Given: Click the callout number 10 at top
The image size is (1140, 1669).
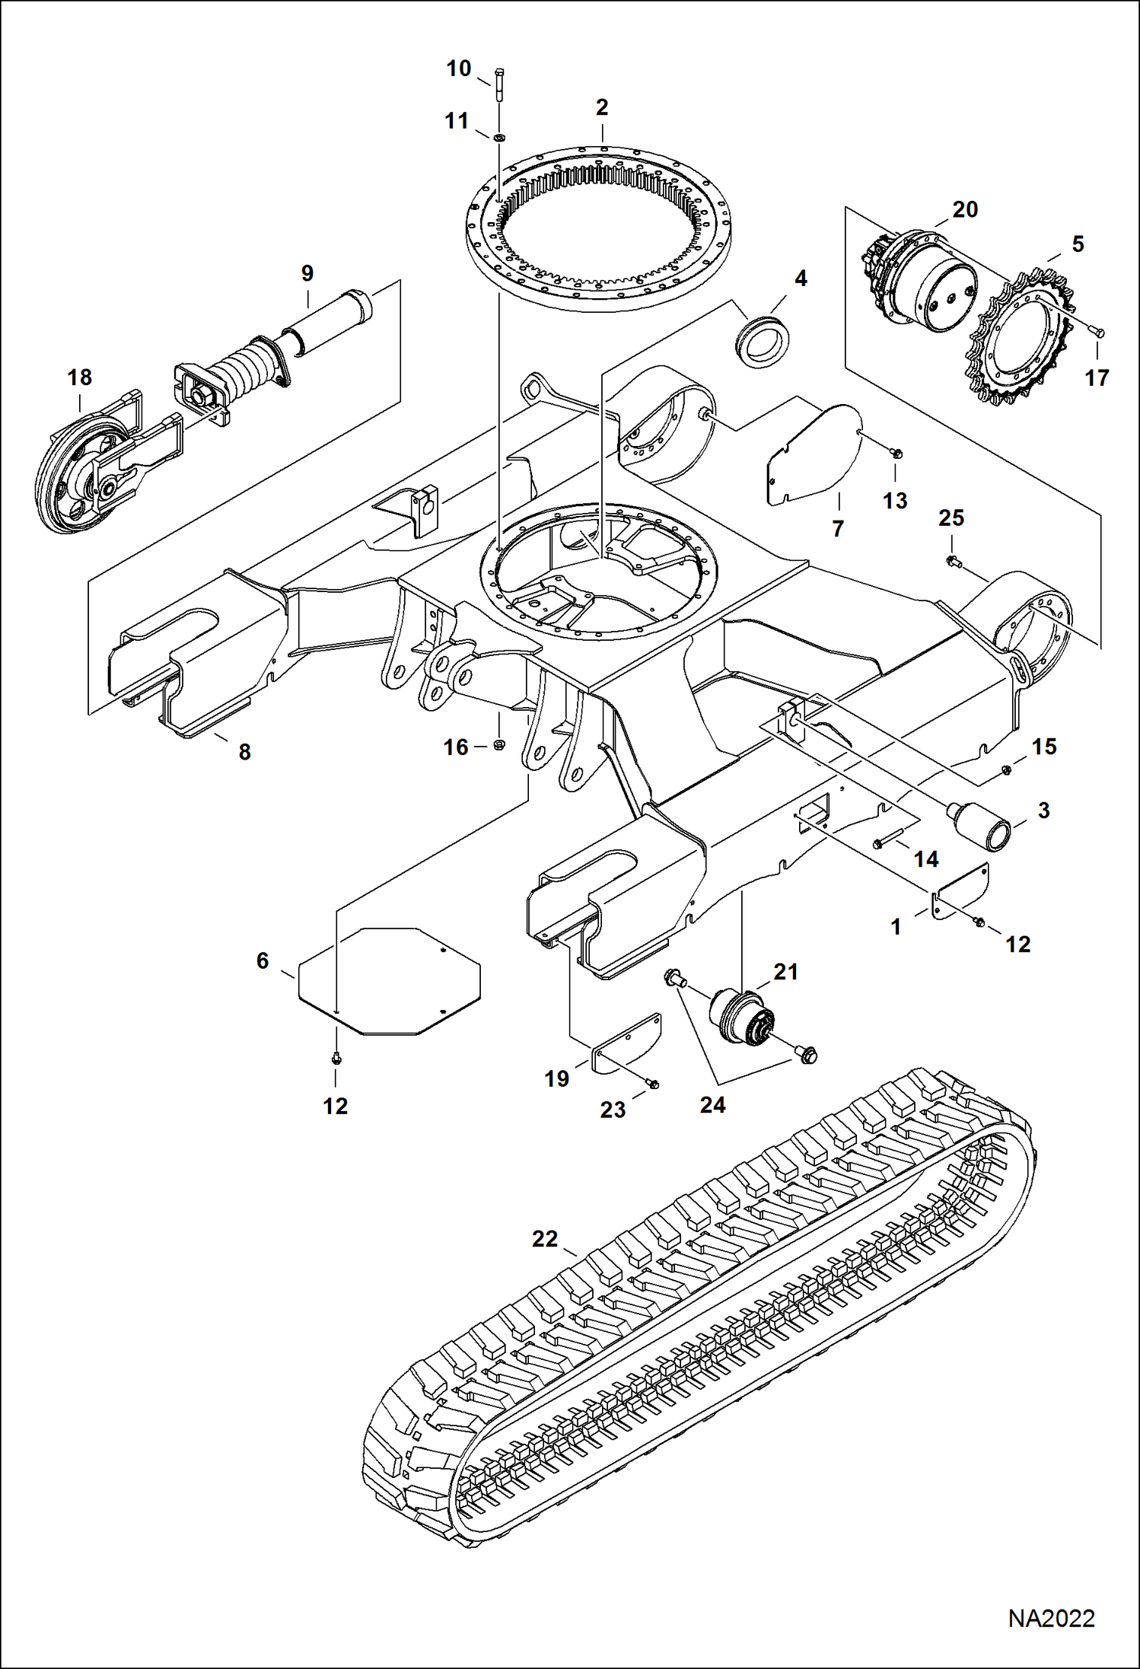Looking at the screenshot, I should coord(459,69).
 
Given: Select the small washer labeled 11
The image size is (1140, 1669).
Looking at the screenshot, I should coord(499,138).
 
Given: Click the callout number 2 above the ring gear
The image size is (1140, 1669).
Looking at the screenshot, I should coord(602,108).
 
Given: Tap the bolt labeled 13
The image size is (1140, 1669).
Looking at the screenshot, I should coord(896,454).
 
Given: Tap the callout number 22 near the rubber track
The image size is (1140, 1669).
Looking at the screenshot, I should coord(545,1240).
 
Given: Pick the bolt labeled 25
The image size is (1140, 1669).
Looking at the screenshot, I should coord(952,562).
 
